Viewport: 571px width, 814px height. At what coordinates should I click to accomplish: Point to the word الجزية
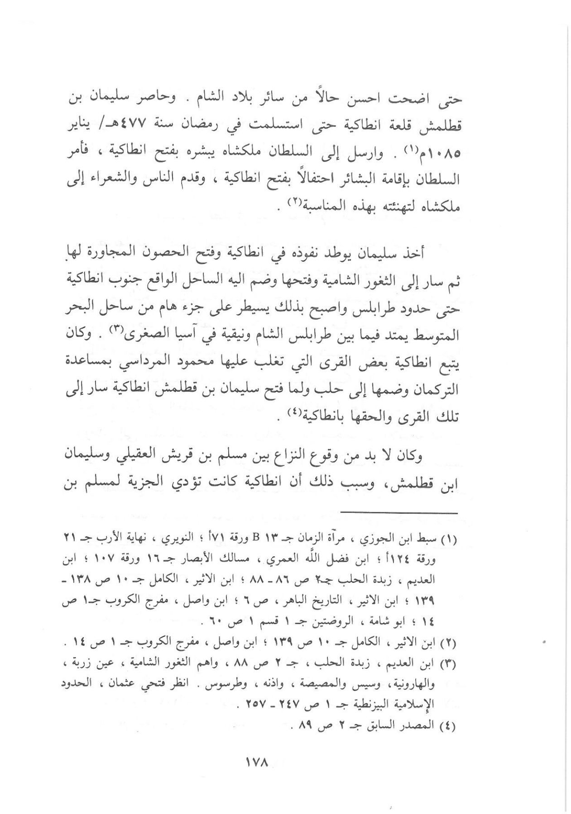tap(131, 484)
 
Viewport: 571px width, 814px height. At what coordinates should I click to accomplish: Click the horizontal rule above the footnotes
tap(398, 512)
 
